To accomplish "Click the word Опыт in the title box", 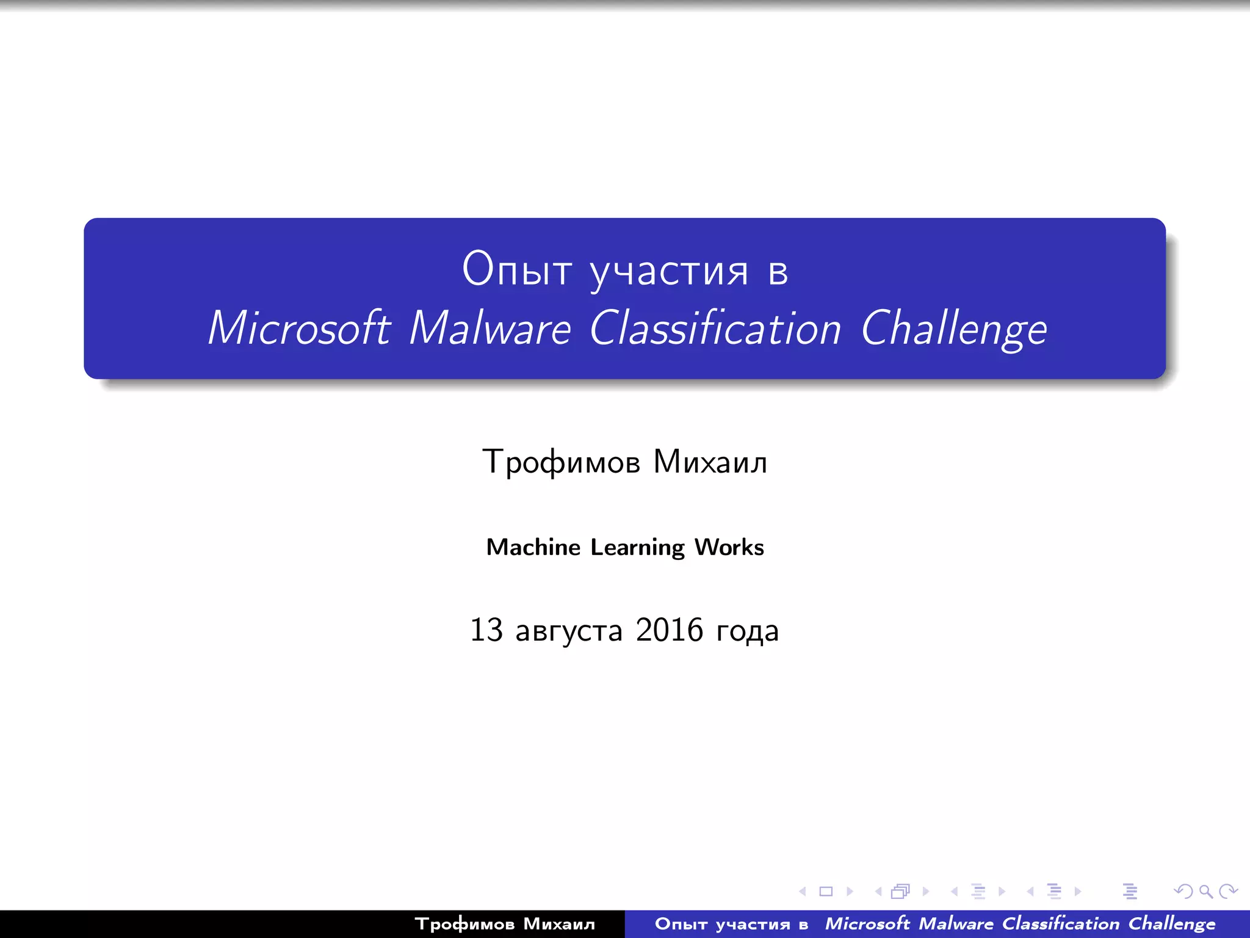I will [x=517, y=269].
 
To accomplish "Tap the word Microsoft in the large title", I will [x=298, y=329].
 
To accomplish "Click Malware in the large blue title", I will [x=490, y=329].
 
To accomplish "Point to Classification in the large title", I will [x=715, y=329].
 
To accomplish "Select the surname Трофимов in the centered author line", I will [x=561, y=462].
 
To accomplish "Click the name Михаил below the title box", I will [x=710, y=462].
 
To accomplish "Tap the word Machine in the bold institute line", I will [x=533, y=547].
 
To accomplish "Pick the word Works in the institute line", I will [x=729, y=547].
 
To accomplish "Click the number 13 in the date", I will [x=486, y=630].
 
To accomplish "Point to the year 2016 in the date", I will [x=669, y=630].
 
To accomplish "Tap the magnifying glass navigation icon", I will [x=1205, y=892].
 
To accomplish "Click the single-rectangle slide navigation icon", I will [x=826, y=892].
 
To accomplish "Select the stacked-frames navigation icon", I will [x=900, y=892].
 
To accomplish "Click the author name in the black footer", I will [x=505, y=924].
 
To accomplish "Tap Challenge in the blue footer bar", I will [x=1171, y=924].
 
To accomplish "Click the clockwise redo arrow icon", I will [x=1227, y=892].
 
